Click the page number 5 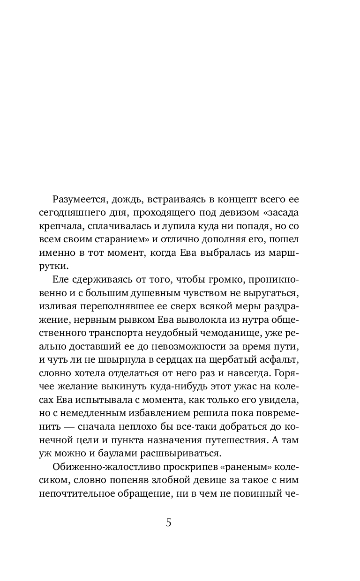(169, 522)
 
